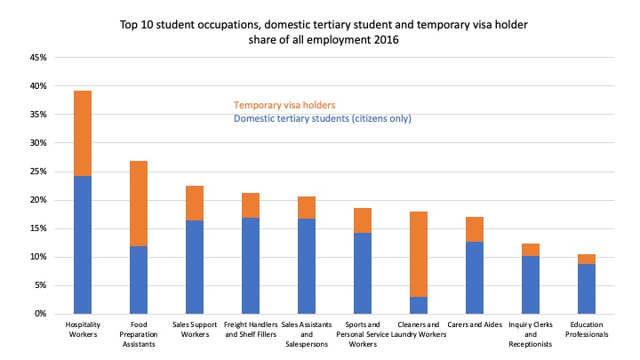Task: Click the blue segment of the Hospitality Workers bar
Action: point(83,244)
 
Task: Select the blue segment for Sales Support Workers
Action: point(194,267)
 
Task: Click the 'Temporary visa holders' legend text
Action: point(284,105)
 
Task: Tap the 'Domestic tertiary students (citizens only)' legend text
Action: point(322,118)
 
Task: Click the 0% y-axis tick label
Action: point(40,314)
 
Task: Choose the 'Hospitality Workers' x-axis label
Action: point(83,330)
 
